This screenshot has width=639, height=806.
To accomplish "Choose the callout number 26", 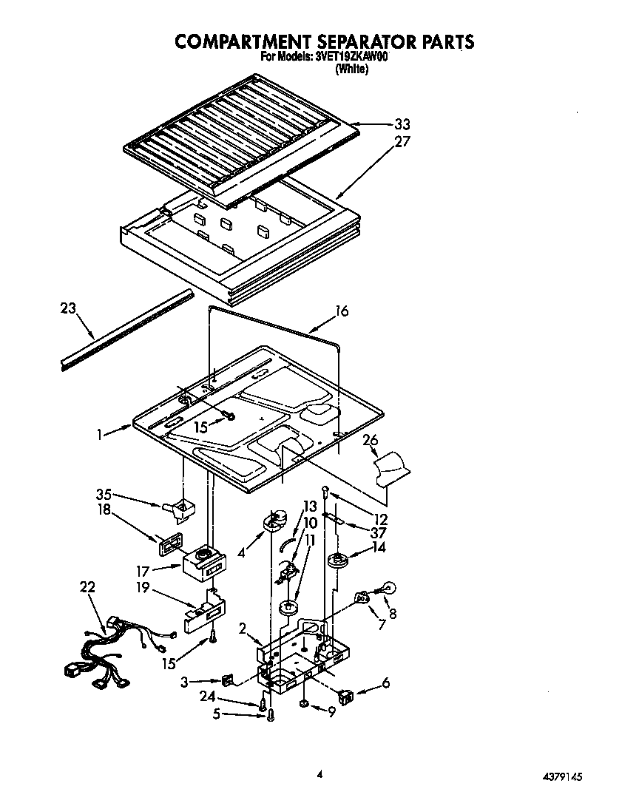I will click(x=371, y=441).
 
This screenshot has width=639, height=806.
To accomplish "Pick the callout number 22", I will click(x=87, y=587).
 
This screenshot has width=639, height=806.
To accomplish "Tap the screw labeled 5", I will click(x=271, y=715).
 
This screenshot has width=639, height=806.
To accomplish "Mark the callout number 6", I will click(x=386, y=684).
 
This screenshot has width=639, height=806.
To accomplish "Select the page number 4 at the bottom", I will click(x=319, y=775).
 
